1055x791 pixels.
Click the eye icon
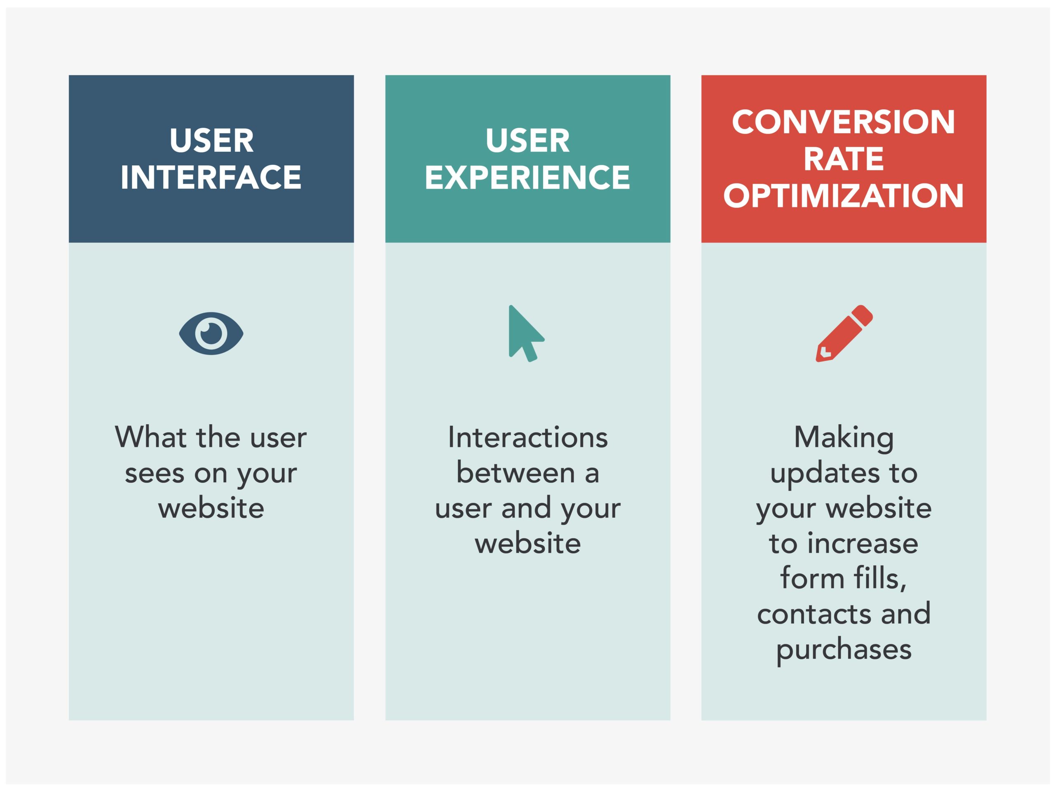point(211,333)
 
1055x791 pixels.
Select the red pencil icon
point(844,333)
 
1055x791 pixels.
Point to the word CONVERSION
point(843,122)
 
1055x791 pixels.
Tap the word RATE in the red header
point(843,159)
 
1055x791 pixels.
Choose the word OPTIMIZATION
point(843,196)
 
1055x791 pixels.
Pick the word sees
point(154,473)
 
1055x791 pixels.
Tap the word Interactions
point(527,437)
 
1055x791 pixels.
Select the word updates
point(825,474)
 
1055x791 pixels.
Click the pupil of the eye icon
point(211,333)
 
